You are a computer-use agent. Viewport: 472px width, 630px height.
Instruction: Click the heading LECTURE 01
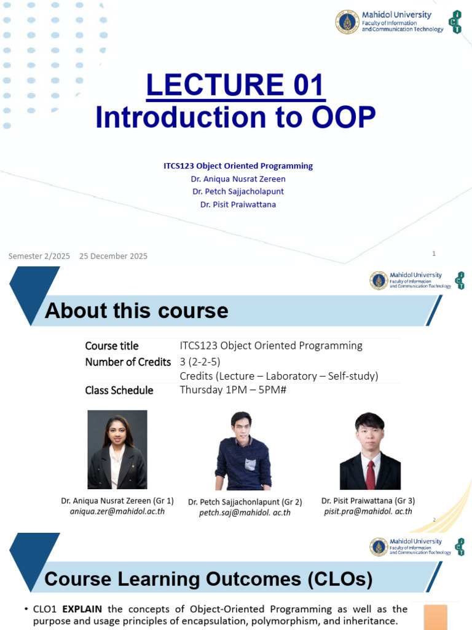click(x=235, y=85)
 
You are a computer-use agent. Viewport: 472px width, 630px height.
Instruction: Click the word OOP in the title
click(x=344, y=118)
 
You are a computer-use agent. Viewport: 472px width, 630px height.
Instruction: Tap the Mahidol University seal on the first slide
click(x=347, y=22)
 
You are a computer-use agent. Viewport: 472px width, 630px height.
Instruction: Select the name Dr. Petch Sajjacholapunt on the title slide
click(x=238, y=192)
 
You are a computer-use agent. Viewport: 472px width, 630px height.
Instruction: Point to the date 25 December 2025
click(x=113, y=257)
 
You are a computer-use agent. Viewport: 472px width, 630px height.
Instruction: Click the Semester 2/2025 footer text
click(x=39, y=257)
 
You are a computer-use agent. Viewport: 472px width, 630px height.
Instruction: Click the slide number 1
click(x=433, y=253)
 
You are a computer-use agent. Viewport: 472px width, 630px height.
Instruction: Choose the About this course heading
click(x=136, y=311)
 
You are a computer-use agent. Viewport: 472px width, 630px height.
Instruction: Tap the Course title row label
click(x=112, y=346)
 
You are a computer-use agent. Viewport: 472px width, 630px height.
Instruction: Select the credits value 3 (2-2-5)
click(x=200, y=362)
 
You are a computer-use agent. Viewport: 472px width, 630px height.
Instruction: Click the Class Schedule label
click(x=119, y=390)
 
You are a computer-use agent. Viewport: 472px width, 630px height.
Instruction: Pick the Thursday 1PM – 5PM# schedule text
click(x=233, y=389)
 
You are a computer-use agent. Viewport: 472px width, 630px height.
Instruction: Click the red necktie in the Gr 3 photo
click(x=371, y=475)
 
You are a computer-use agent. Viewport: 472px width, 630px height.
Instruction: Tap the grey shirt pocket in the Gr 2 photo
click(x=250, y=465)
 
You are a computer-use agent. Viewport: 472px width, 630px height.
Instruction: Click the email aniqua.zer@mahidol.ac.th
click(x=117, y=511)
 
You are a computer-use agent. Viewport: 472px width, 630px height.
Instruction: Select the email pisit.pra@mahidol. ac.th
click(x=368, y=511)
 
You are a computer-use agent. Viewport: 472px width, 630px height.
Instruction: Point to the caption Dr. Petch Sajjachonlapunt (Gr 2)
click(x=245, y=502)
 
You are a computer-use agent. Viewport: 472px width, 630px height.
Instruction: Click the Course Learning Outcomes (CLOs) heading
click(x=208, y=579)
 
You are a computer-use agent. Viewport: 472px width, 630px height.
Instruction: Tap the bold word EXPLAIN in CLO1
click(x=82, y=609)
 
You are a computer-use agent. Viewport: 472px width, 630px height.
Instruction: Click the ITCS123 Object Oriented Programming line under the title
click(x=238, y=166)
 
